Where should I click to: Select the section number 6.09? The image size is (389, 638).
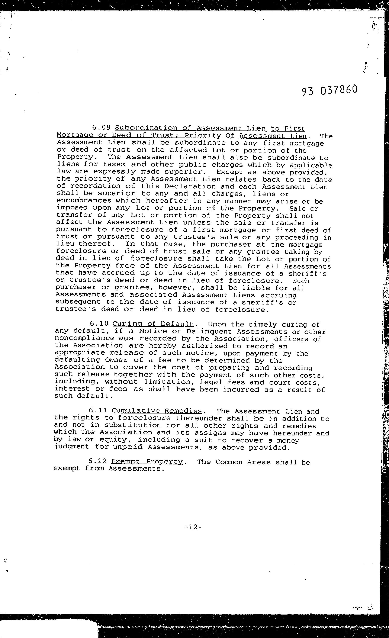coord(102,128)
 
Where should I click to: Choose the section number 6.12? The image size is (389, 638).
coord(97,462)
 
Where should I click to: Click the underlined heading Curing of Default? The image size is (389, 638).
coord(153,324)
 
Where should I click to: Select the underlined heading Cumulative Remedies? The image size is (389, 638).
coord(157,411)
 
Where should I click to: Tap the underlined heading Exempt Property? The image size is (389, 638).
coord(147,462)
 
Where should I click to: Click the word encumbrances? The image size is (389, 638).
coord(83,201)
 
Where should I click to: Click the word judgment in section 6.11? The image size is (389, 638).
coord(71,447)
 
